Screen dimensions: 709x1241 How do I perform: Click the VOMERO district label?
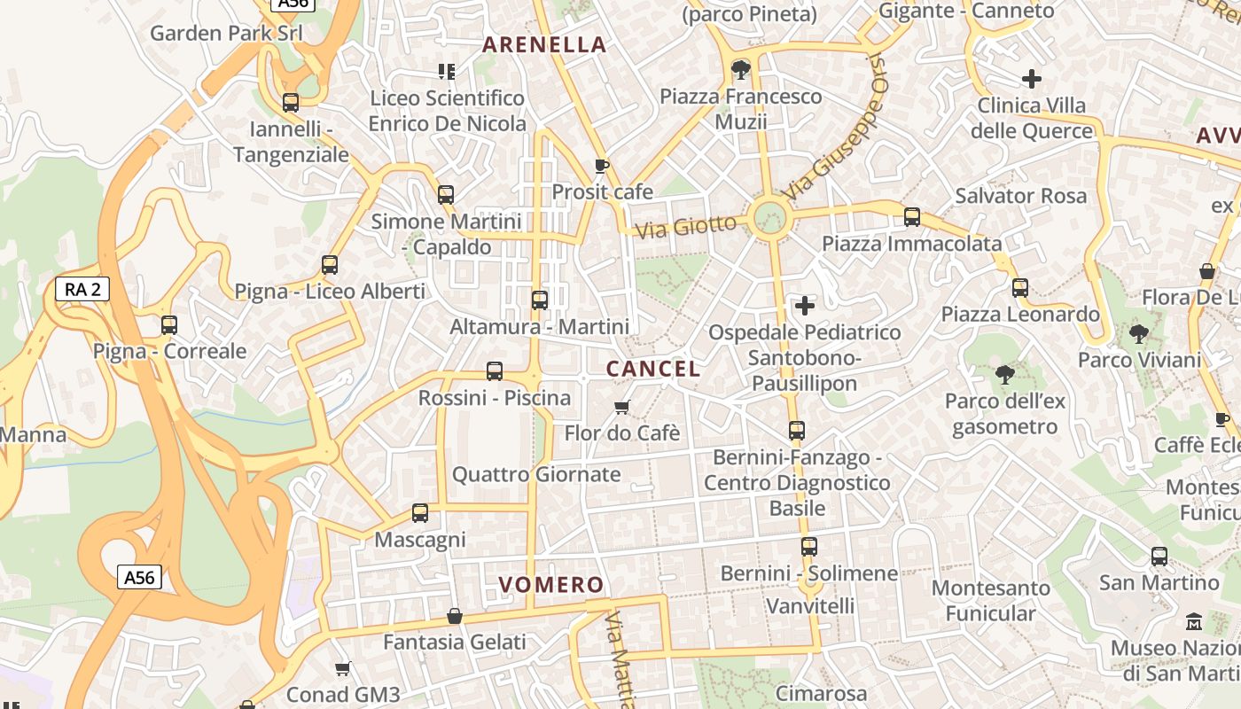[x=550, y=585]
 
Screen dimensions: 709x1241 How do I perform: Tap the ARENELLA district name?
[x=544, y=44]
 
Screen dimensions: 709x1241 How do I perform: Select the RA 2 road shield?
[x=82, y=288]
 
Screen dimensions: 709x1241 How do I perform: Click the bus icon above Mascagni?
[x=420, y=513]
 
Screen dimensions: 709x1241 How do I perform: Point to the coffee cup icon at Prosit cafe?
[x=602, y=166]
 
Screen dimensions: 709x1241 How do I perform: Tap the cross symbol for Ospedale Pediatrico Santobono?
[x=805, y=307]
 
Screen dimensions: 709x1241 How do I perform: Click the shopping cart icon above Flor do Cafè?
[x=622, y=407]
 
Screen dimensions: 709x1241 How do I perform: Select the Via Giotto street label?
[x=686, y=227]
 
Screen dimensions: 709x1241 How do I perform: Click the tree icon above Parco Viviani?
[x=1139, y=334]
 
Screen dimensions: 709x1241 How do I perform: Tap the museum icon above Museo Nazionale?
[x=1193, y=622]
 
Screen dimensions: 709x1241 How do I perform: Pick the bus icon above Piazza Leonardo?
[x=1020, y=288]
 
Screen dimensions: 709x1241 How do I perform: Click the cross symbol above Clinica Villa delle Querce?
[x=1031, y=79]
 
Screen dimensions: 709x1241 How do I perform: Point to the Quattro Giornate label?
[x=536, y=475]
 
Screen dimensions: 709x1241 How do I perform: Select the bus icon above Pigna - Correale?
[x=169, y=325]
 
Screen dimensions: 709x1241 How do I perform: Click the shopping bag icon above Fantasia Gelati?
[x=455, y=615]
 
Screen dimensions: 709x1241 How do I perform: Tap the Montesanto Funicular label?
[x=990, y=600]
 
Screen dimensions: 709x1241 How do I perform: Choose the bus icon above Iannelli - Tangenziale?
[x=291, y=103]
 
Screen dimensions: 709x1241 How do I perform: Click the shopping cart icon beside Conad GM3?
[x=343, y=668]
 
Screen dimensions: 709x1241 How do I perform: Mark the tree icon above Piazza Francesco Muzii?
[x=741, y=70]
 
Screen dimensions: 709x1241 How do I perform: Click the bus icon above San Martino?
[x=1159, y=557]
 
